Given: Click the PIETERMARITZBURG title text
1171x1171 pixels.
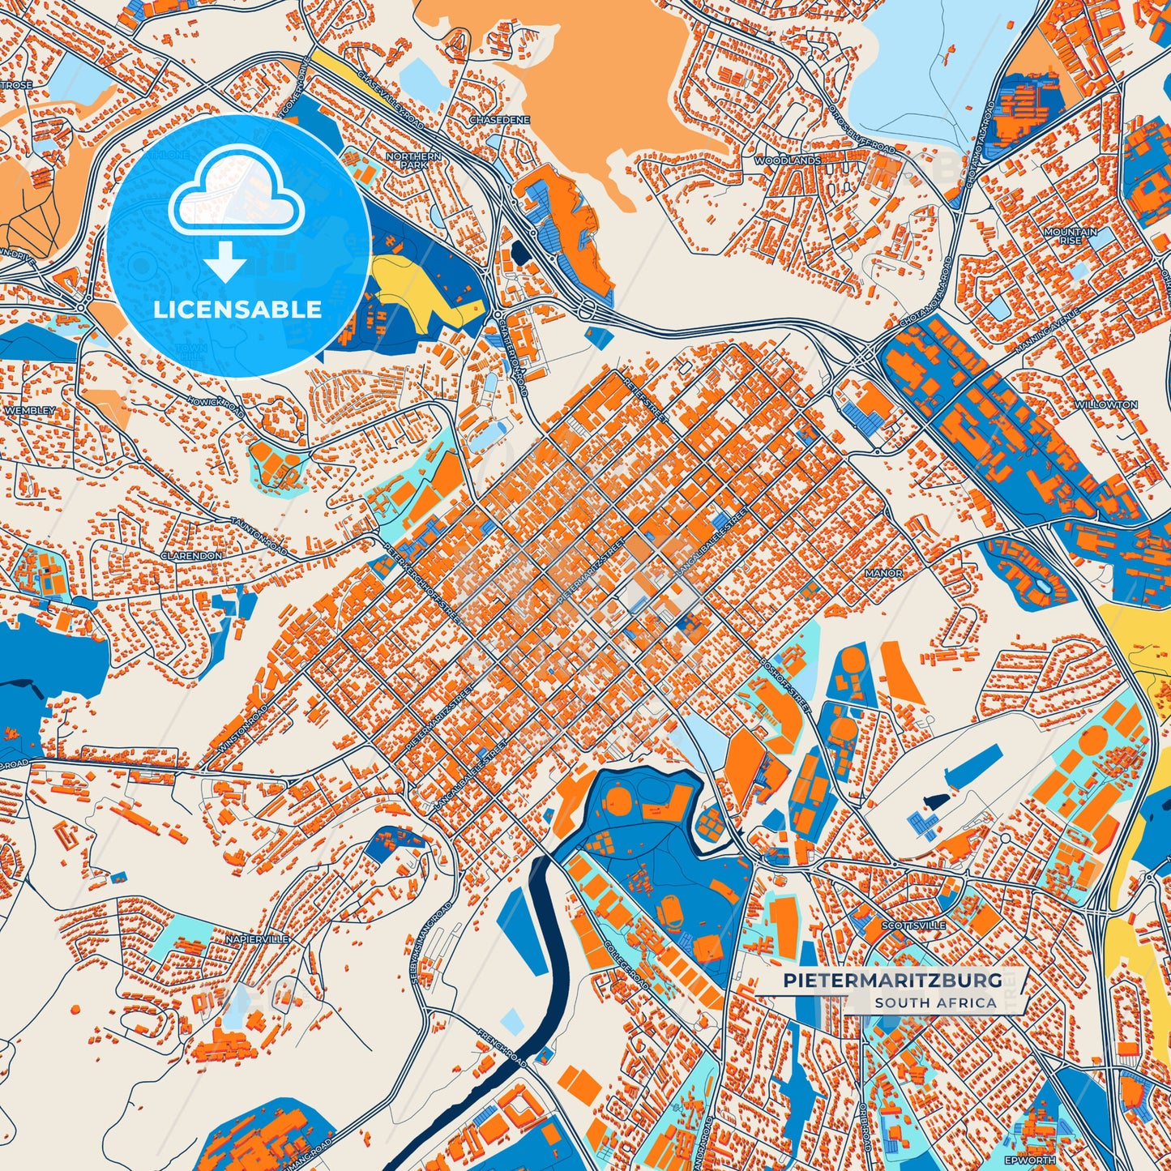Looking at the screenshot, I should (x=891, y=981).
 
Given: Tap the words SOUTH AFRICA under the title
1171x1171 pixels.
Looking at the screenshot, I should (x=935, y=1002).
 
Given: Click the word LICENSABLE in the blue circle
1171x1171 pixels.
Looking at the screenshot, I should (x=237, y=310).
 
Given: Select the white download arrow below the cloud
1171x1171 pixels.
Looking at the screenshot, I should (x=225, y=261).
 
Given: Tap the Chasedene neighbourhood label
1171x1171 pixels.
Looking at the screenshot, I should (x=499, y=120).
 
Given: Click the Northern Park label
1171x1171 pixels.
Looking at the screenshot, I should (x=413, y=160).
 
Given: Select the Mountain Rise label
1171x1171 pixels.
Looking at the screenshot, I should (x=1070, y=236).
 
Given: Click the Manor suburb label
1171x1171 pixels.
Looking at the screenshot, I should (x=883, y=573).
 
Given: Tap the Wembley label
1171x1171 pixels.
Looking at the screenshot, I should (x=30, y=411).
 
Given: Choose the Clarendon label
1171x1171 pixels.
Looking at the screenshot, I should (x=191, y=557).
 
